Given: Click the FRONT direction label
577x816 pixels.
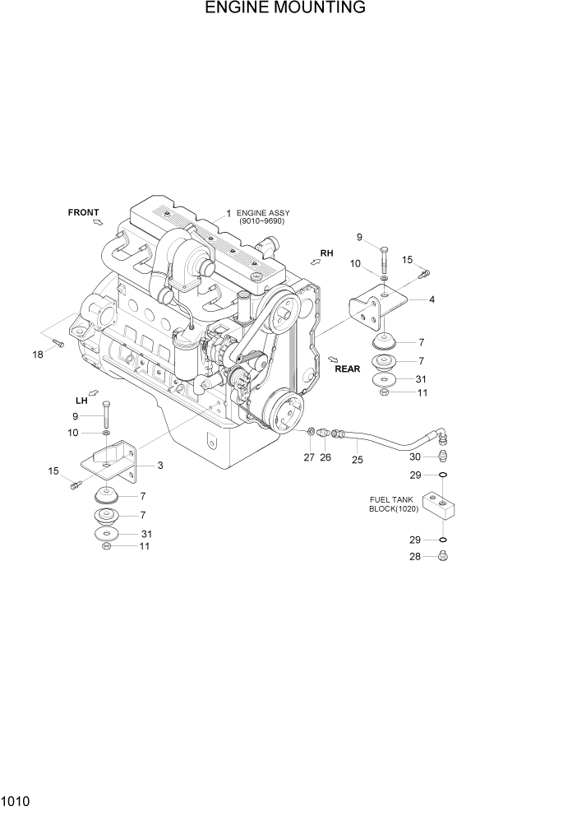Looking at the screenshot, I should click(83, 213).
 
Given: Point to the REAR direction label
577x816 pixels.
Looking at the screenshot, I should click(347, 369).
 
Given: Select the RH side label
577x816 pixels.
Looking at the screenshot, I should click(326, 253).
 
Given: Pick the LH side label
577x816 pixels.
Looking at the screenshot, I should click(81, 401).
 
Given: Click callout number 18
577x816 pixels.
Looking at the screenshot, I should click(38, 354).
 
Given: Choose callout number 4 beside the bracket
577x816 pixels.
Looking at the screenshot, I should click(432, 299).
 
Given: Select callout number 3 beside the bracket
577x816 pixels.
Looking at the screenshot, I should click(159, 466).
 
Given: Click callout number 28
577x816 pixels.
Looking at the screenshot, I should click(417, 557).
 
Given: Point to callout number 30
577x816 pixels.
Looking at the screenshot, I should click(416, 457).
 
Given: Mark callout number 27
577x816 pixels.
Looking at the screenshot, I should click(308, 457).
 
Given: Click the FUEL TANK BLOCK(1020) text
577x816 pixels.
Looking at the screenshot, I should click(393, 504).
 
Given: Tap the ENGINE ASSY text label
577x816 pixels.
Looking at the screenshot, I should click(263, 216).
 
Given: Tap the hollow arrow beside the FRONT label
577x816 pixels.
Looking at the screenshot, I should click(98, 223).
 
